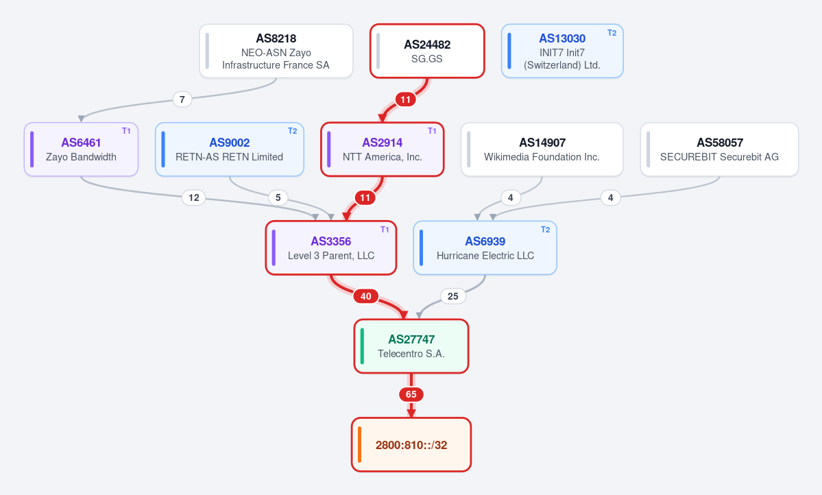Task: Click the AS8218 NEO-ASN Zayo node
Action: click(276, 51)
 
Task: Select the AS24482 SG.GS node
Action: click(427, 51)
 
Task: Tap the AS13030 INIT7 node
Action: click(562, 51)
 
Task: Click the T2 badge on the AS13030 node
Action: click(612, 32)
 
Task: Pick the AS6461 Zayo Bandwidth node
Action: click(82, 149)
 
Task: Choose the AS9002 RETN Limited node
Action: click(230, 149)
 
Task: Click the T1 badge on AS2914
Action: click(432, 131)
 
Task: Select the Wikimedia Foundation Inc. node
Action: click(542, 149)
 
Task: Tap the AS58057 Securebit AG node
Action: click(719, 149)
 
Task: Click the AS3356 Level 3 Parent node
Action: click(331, 247)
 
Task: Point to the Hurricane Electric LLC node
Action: click(485, 247)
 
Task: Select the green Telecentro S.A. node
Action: click(411, 346)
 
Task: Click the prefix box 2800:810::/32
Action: click(411, 445)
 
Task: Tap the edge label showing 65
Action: click(411, 394)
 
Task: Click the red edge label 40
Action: click(366, 296)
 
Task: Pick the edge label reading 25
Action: click(453, 296)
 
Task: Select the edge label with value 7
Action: click(182, 99)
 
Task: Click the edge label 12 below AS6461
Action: click(194, 197)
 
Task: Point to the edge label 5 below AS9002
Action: click(278, 197)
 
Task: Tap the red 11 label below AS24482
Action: click(405, 99)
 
